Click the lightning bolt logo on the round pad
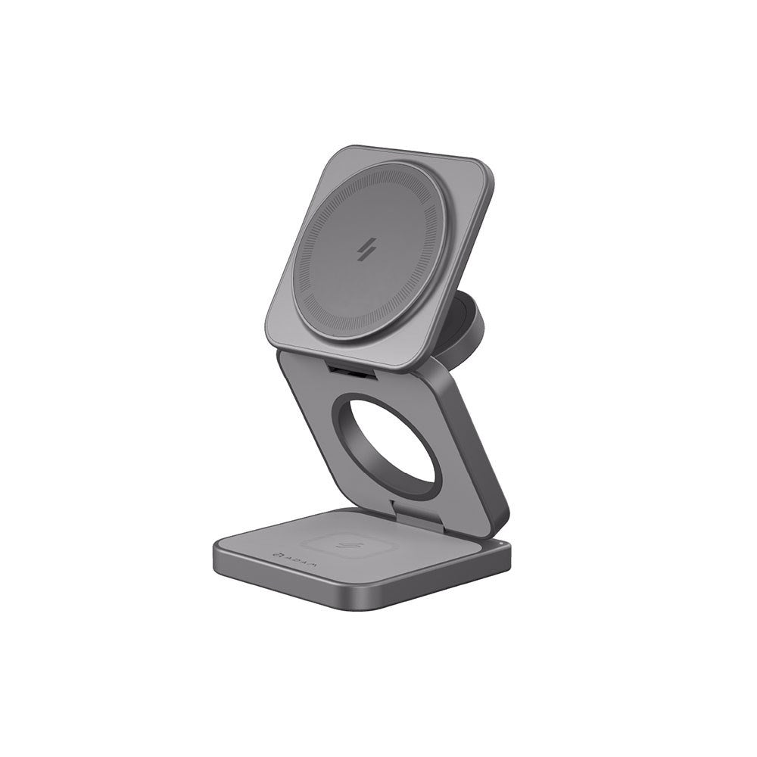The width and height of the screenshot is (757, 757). (x=371, y=251)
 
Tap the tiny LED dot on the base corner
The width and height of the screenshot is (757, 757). (x=501, y=544)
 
